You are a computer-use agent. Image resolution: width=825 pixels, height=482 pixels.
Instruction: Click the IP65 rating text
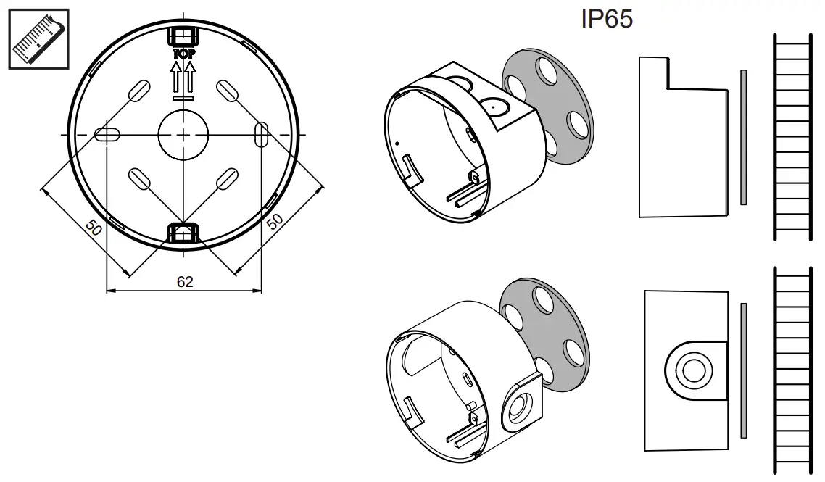(x=607, y=20)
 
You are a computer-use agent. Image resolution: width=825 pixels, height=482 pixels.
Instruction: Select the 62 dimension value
(x=185, y=282)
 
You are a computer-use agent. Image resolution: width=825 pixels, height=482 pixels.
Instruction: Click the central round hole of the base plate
(x=183, y=135)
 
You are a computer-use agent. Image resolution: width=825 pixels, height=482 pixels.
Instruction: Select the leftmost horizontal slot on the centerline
(x=107, y=135)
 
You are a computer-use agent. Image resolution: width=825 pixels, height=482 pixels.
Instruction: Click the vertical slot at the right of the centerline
(x=262, y=135)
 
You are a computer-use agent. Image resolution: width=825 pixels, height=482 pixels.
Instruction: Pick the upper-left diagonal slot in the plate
(x=138, y=91)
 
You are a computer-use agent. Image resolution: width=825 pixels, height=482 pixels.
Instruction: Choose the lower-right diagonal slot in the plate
(x=227, y=178)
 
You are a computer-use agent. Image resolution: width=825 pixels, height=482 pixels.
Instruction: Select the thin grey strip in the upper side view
(x=742, y=137)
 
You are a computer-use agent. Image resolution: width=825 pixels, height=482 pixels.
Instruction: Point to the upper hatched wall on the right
(x=793, y=137)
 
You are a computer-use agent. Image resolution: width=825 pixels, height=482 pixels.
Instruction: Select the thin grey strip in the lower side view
(x=743, y=370)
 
